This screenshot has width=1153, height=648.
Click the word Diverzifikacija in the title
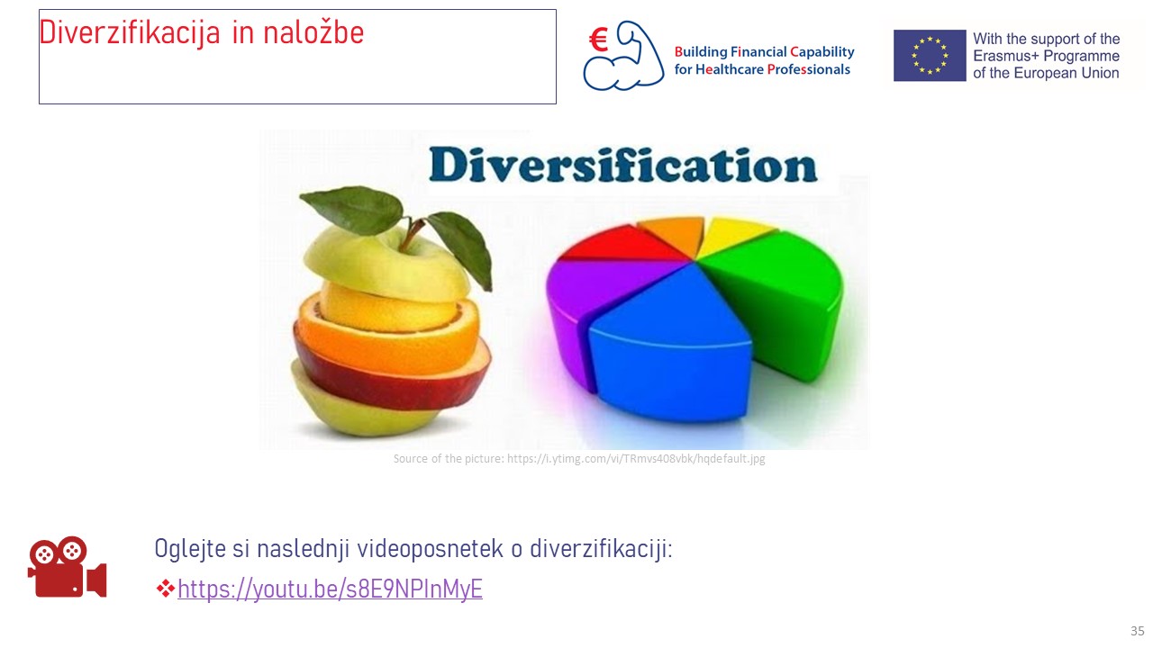[130, 32]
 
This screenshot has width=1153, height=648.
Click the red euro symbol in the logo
[599, 40]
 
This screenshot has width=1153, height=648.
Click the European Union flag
[930, 56]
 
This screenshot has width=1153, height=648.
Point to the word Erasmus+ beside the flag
[1003, 56]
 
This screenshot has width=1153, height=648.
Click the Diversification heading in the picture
[623, 165]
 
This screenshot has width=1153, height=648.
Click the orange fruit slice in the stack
[386, 339]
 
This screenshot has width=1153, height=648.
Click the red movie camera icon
[68, 567]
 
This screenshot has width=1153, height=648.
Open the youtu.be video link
[330, 589]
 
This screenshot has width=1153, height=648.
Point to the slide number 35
[1137, 631]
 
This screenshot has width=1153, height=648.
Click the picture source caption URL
[636, 459]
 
